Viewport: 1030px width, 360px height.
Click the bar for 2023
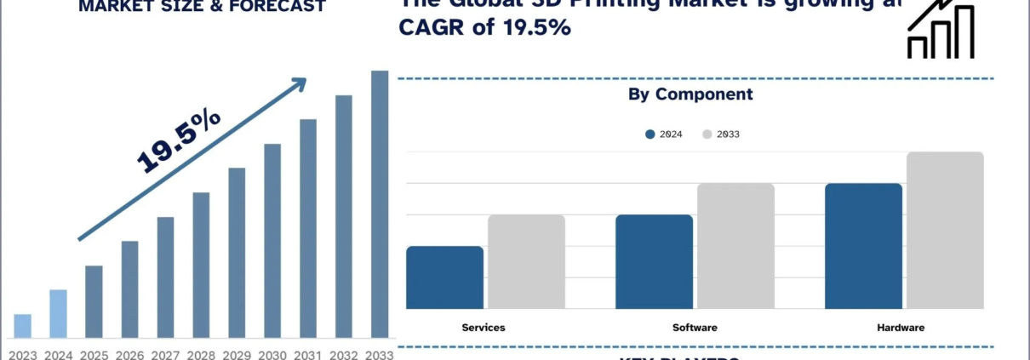23,326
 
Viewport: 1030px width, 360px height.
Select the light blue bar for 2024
58,314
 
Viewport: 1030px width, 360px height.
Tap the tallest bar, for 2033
380,204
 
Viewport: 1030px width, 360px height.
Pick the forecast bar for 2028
201,265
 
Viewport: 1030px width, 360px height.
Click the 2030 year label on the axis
272,353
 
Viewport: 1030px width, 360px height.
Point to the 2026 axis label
129,353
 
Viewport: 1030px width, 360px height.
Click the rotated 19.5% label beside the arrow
179,141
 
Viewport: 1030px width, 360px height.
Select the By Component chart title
690,94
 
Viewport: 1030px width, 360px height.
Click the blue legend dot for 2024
650,134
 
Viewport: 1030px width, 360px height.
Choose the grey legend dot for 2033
707,134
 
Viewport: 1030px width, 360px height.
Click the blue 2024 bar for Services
444,277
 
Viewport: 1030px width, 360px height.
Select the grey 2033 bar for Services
526,261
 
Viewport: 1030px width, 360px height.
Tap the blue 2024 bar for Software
654,261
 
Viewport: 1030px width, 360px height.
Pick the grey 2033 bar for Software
735,246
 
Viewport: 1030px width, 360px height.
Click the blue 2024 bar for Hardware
863,246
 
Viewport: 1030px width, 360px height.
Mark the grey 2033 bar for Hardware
945,230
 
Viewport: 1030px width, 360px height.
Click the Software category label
695,328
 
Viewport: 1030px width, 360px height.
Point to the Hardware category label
901,328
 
